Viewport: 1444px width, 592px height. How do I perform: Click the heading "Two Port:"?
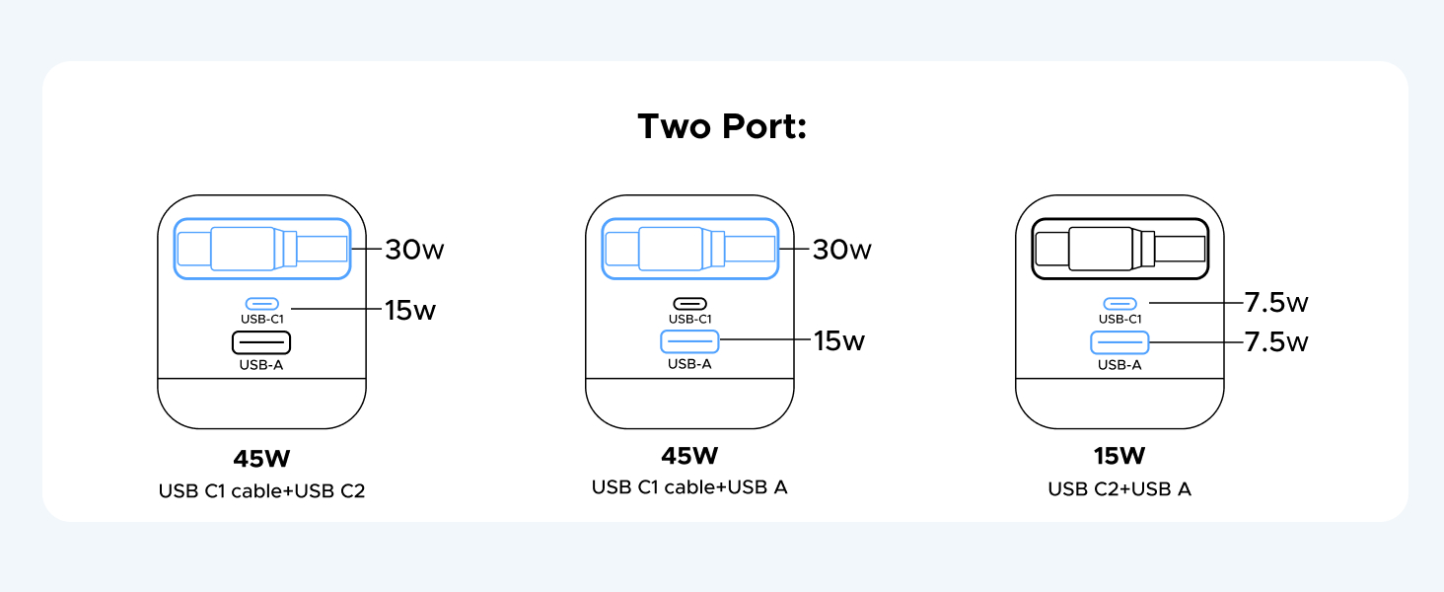pos(722,127)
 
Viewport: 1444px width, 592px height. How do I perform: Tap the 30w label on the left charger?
pos(414,250)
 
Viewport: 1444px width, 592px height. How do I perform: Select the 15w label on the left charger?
pos(410,311)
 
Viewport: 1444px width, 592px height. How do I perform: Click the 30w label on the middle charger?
pos(841,250)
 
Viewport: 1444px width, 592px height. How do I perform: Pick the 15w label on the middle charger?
pos(838,341)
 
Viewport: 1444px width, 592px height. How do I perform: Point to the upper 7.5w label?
pos(1275,302)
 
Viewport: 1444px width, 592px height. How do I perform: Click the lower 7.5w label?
pos(1275,342)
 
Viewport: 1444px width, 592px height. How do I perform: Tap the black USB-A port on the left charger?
pos(261,342)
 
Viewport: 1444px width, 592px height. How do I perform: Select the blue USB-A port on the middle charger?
pos(689,342)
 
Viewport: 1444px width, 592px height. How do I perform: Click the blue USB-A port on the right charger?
pos(1119,342)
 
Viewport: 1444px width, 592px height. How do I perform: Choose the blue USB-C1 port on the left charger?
pos(261,304)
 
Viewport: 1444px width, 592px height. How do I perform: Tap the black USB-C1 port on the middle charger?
pos(689,304)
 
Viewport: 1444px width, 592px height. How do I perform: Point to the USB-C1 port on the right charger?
pos(1119,304)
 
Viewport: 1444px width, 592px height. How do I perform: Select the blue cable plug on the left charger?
pos(261,248)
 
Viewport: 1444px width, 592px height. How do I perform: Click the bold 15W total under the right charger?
pos(1119,456)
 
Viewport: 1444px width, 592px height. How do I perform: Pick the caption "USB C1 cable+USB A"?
pos(689,487)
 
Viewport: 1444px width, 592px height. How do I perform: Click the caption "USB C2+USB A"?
pos(1119,488)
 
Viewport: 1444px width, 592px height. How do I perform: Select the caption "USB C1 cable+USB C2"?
pos(261,490)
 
